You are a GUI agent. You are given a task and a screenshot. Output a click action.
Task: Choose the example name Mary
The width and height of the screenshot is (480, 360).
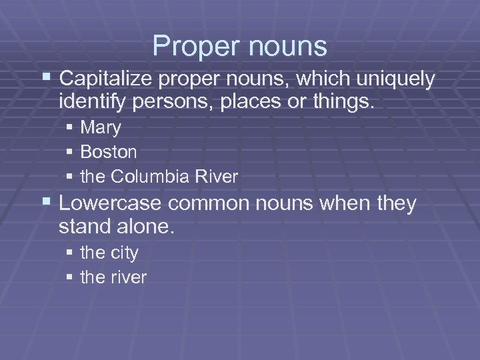[100, 127]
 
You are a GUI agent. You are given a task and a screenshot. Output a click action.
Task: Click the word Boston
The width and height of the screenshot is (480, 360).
[109, 152]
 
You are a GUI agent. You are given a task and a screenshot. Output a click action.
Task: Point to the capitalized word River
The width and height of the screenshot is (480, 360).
[216, 177]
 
